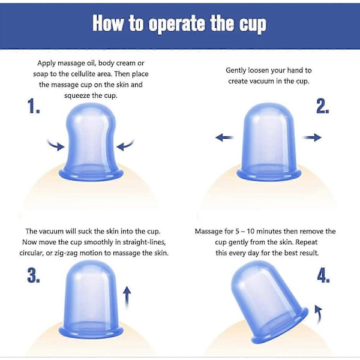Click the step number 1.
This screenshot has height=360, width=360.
34,106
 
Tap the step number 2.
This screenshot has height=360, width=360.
323,106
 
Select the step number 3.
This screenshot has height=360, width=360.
34,275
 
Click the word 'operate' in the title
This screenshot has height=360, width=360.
177,23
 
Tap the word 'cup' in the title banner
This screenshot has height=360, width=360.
253,25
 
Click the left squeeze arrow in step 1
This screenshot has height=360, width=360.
56,145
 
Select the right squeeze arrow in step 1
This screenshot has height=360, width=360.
125,145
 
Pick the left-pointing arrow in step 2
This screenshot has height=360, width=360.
224,137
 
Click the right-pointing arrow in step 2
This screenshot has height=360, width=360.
312,137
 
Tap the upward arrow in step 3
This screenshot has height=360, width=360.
127,298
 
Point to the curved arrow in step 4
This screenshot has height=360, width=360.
319,314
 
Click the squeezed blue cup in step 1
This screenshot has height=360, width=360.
91,142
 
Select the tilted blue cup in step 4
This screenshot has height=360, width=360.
269,303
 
